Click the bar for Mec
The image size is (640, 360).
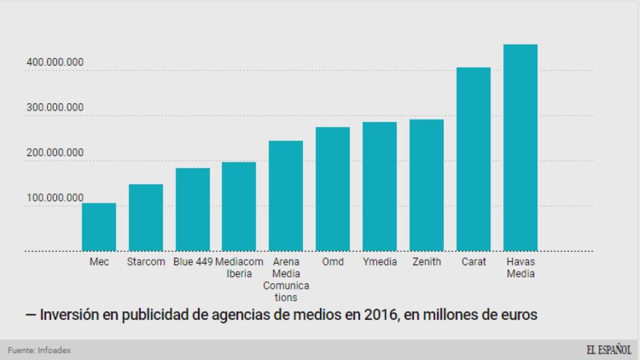[x=99, y=227]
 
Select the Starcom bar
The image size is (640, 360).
[x=146, y=217]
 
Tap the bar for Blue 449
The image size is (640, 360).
[x=192, y=209]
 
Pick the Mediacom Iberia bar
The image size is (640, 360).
[x=239, y=206]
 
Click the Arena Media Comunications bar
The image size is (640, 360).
[x=286, y=196]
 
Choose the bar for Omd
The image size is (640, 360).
[x=332, y=189]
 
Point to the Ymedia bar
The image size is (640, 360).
[x=379, y=186]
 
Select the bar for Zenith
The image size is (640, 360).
[x=426, y=185]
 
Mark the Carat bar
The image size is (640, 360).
[x=473, y=159]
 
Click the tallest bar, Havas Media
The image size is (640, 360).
[x=520, y=147]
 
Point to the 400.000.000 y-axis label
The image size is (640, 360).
[x=55, y=62]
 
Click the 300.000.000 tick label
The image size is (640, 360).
[x=55, y=107]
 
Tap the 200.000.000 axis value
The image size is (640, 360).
[x=55, y=152]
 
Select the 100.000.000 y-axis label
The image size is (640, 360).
[x=55, y=198]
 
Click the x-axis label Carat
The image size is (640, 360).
[x=474, y=262]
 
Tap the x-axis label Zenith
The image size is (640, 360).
[x=426, y=262]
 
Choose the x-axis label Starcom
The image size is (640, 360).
[x=146, y=262]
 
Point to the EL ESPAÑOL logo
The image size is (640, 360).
[x=608, y=350]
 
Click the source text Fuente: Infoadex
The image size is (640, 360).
[x=39, y=351]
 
